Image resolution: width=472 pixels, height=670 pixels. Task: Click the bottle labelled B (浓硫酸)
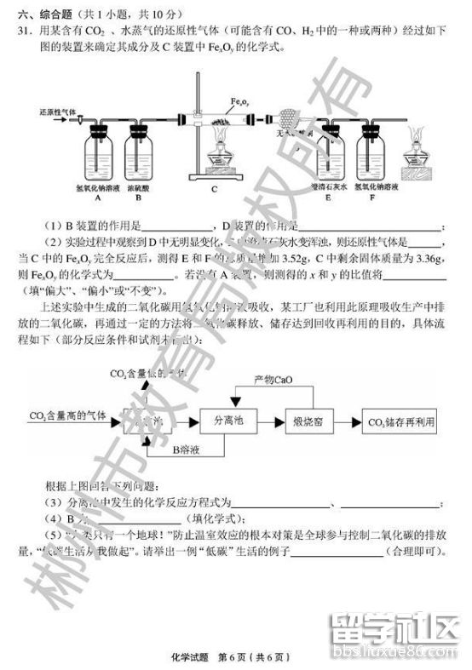tap(140, 153)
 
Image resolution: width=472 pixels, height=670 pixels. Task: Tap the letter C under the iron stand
tap(215, 189)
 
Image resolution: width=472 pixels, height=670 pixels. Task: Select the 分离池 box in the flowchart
tap(228, 421)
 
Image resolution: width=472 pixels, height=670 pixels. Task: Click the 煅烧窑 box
tap(306, 421)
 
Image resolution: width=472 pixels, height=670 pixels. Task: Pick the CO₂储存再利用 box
tap(400, 421)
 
